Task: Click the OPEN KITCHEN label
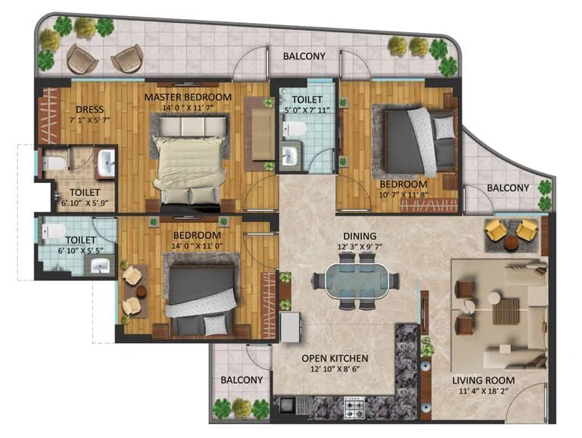pyautogui.click(x=334, y=358)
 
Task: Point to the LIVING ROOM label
pyautogui.click(x=483, y=380)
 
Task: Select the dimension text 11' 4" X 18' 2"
pyautogui.click(x=483, y=392)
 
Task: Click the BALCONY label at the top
pyautogui.click(x=304, y=56)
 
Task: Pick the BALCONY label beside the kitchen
pyautogui.click(x=242, y=380)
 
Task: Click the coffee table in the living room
pyautogui.click(x=506, y=312)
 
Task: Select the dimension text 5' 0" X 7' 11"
pyautogui.click(x=307, y=110)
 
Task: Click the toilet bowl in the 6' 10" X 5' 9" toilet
pyautogui.click(x=54, y=164)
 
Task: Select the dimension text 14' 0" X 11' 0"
pyautogui.click(x=196, y=247)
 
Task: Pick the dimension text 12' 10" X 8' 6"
pyautogui.click(x=334, y=370)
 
